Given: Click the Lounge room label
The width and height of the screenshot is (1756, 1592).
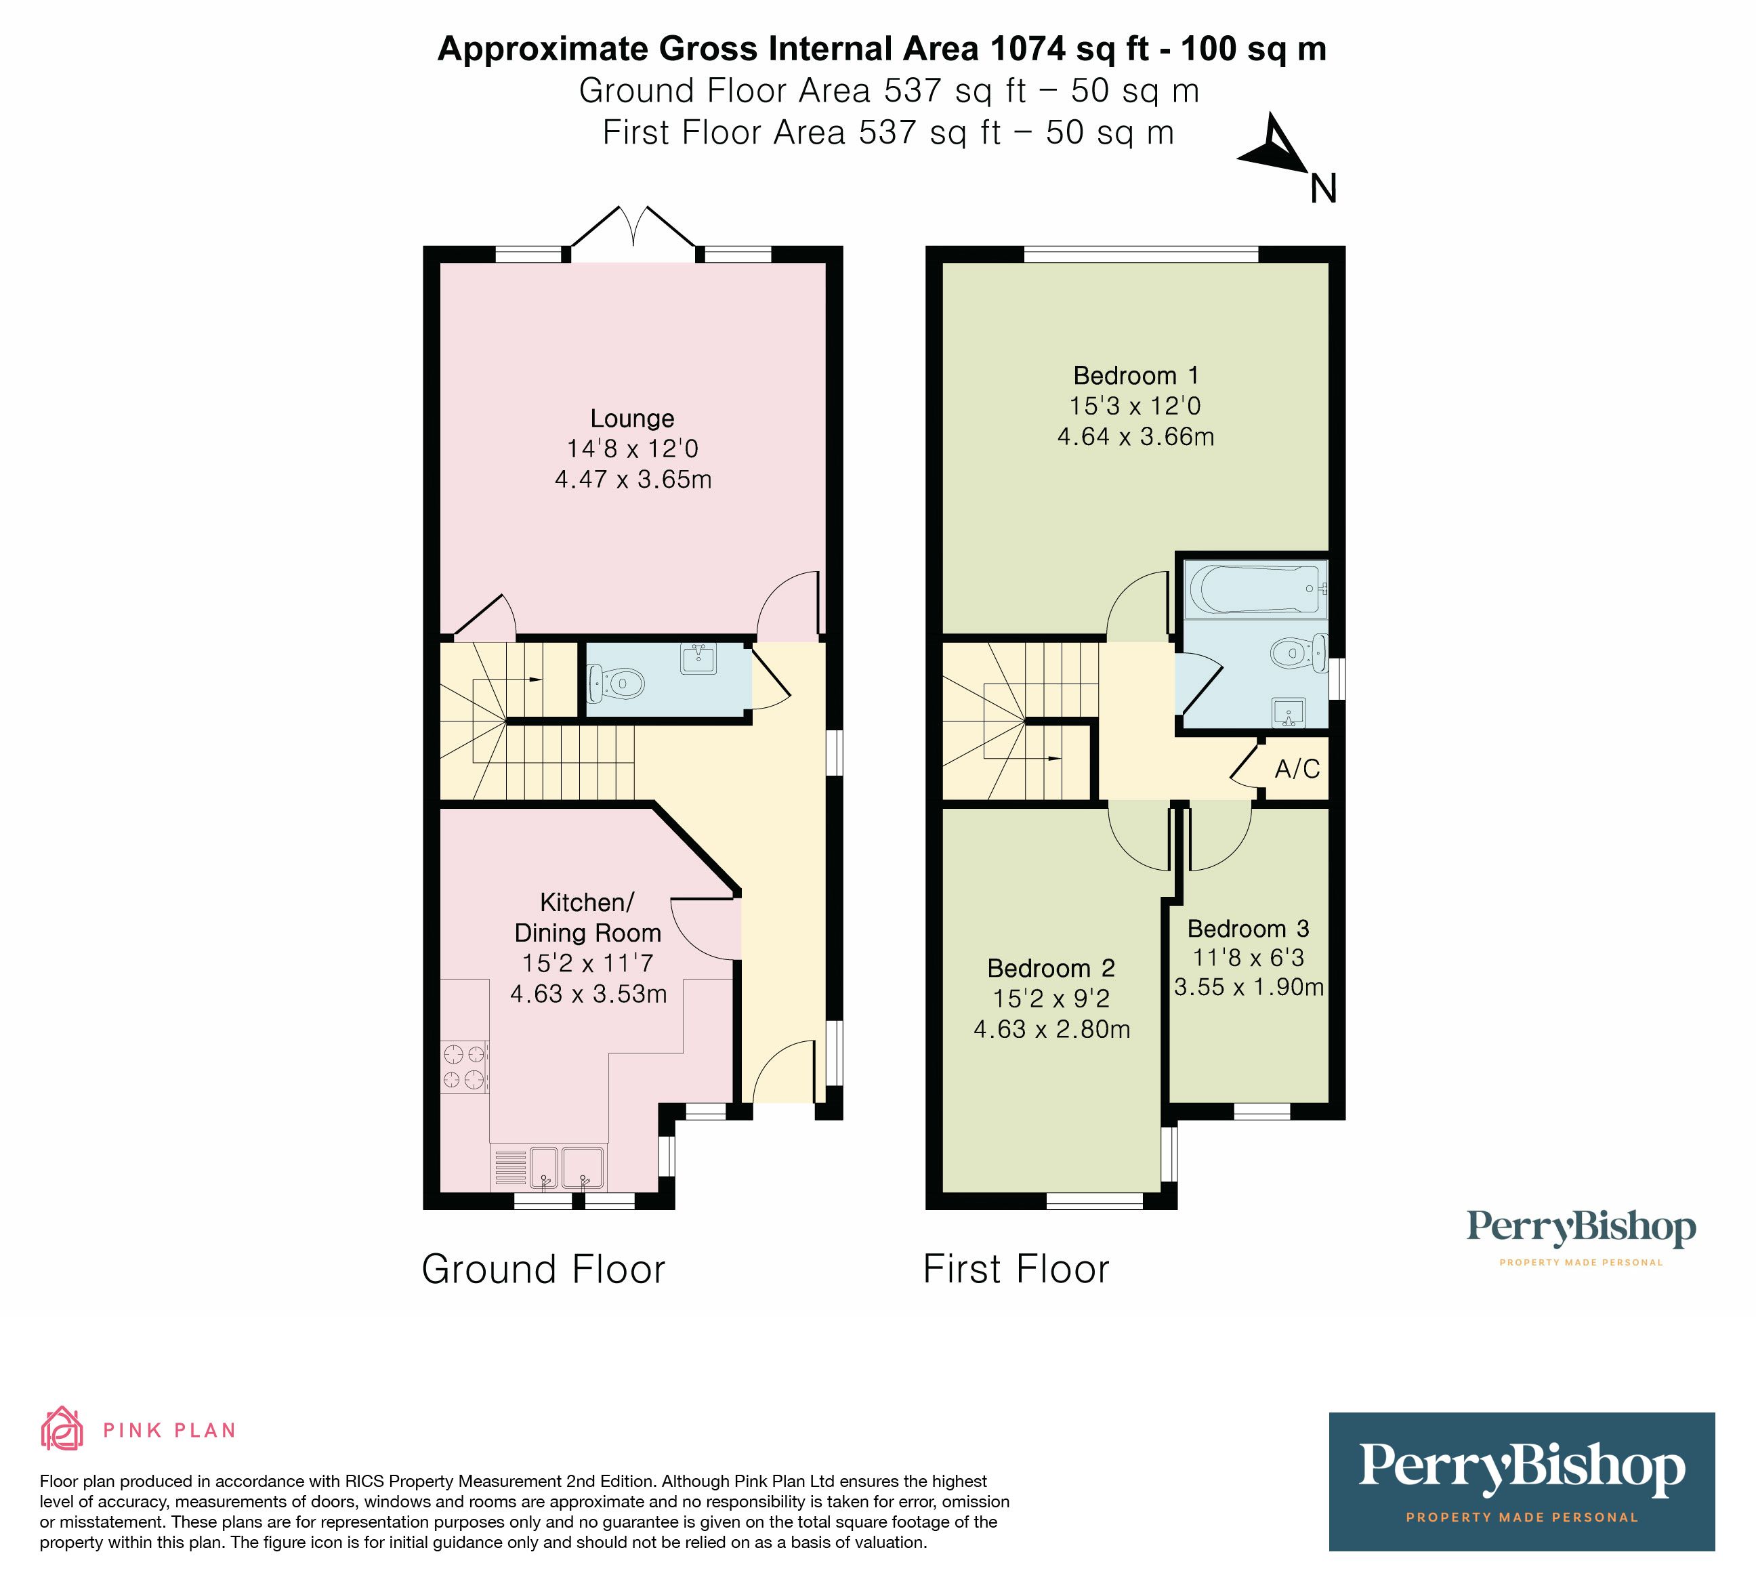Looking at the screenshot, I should tap(631, 419).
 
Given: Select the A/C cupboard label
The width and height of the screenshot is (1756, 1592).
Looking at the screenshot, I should tap(1296, 769).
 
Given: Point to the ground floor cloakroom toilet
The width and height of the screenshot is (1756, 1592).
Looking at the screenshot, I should tap(616, 684).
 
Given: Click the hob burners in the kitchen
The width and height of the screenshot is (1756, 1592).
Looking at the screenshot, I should tap(463, 1068).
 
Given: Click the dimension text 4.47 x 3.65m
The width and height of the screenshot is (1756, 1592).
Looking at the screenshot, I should tap(632, 480).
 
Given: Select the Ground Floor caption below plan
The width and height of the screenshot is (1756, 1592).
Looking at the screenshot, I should tap(543, 1270).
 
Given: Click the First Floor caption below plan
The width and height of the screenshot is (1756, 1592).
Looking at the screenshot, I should tap(1016, 1270).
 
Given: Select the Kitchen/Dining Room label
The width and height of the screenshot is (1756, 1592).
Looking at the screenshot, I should tap(587, 918).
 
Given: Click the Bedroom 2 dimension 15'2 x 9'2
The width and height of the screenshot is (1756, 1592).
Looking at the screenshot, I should tap(1051, 999).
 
